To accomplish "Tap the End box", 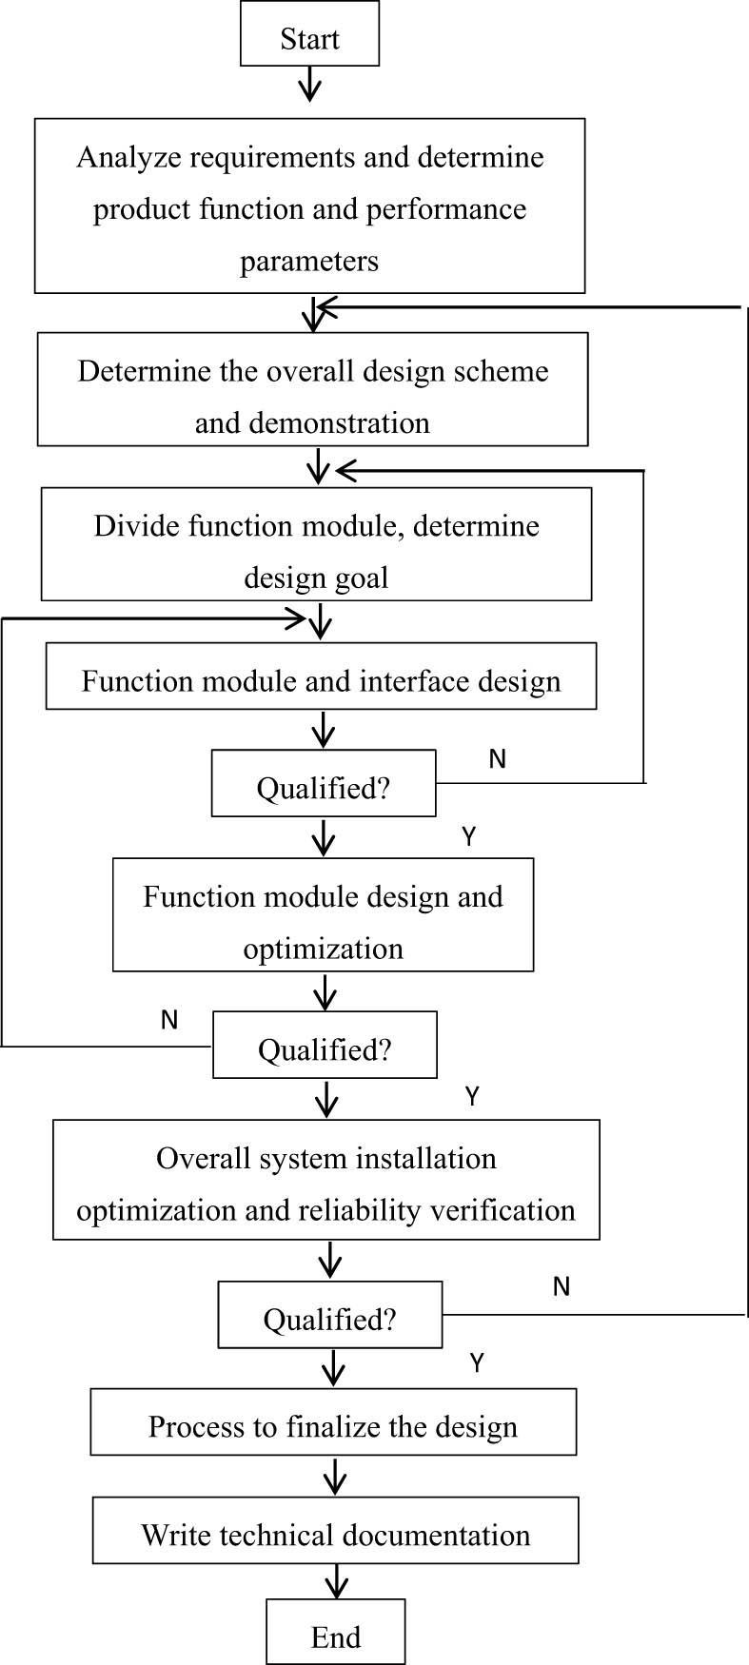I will pos(335,1631).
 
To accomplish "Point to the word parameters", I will pos(309,261).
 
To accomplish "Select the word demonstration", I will pos(312,422).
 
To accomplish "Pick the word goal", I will pos(367,578).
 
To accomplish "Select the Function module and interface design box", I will pos(321,676).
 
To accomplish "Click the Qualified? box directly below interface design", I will pos(324,783).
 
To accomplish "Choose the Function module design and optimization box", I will pos(323,914).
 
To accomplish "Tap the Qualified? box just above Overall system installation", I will pos(325,1045).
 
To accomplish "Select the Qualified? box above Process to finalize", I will pos(329,1314).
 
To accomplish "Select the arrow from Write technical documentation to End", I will pos(335,1581).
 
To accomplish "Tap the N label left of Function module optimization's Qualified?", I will pos(169,1020).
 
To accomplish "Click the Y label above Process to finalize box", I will pos(477,1362).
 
